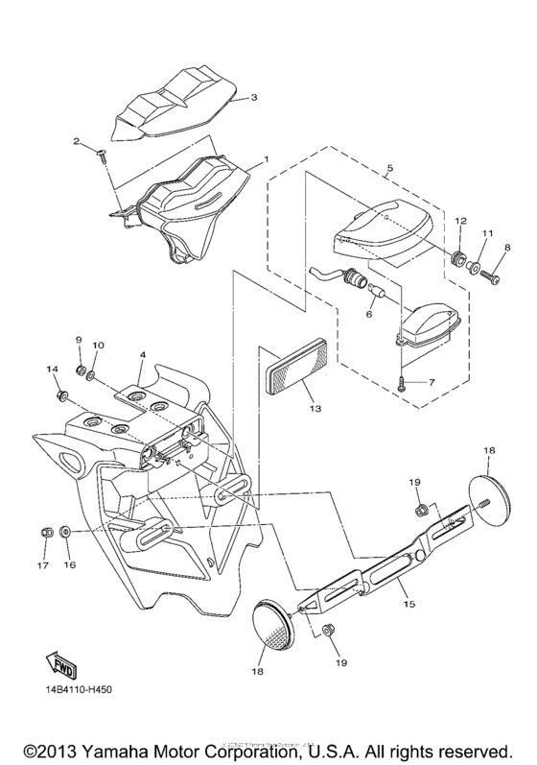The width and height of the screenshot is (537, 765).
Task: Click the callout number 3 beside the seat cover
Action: point(254,97)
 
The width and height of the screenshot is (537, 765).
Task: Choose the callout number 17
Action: point(43,565)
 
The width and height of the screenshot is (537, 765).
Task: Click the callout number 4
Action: point(142,355)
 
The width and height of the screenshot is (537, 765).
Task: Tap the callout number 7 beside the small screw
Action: point(432,382)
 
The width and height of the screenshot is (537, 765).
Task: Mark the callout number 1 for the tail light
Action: point(267,158)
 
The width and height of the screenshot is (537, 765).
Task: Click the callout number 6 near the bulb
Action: point(369,313)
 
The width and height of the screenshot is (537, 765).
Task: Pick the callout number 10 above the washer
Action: point(98,345)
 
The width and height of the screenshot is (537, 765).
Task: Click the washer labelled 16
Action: point(64,530)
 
